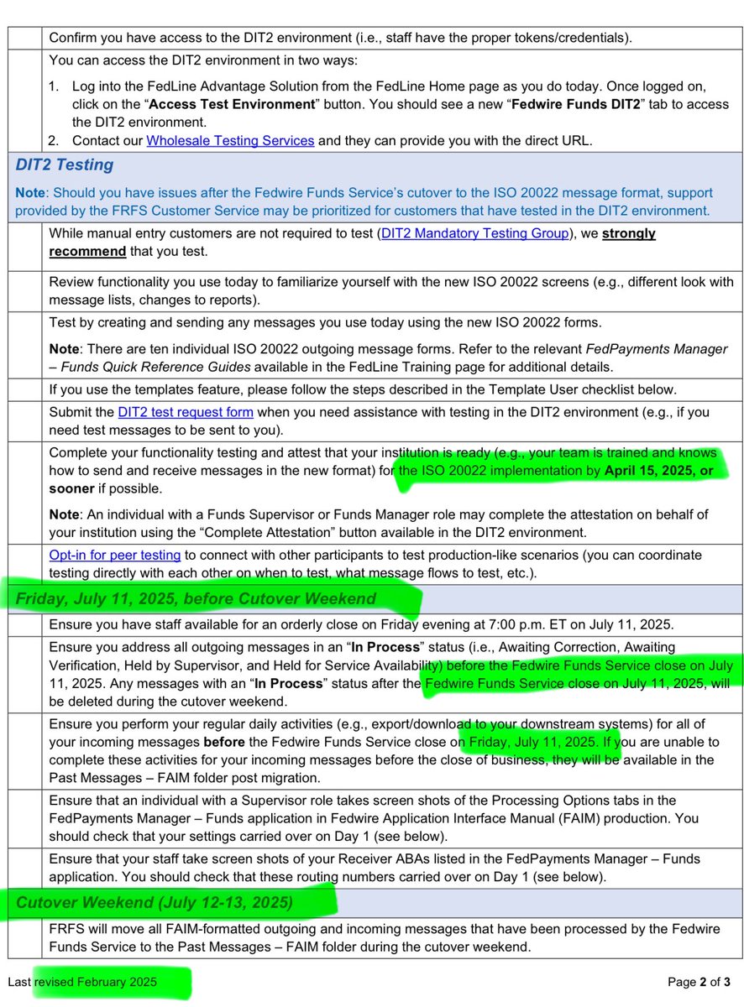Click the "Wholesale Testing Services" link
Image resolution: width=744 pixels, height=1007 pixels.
pyautogui.click(x=230, y=141)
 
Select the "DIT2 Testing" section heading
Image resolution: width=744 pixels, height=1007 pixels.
pyautogui.click(x=64, y=164)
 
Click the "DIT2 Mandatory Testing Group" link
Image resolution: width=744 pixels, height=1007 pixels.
pyautogui.click(x=474, y=234)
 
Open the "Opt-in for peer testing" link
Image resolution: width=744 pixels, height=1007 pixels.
pyautogui.click(x=115, y=555)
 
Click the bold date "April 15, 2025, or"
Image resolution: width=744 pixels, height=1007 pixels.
pyautogui.click(x=659, y=471)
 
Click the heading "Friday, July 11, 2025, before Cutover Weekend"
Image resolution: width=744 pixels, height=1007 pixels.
pyautogui.click(x=196, y=598)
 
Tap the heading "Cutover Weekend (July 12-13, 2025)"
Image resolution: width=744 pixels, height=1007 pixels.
pyautogui.click(x=155, y=903)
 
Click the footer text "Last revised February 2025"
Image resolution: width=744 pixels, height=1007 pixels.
pyautogui.click(x=82, y=981)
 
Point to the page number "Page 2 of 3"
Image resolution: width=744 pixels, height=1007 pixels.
pyautogui.click(x=699, y=981)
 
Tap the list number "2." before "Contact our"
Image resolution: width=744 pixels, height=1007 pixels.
pyautogui.click(x=55, y=141)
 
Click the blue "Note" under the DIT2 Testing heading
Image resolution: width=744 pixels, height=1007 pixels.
pyautogui.click(x=31, y=192)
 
